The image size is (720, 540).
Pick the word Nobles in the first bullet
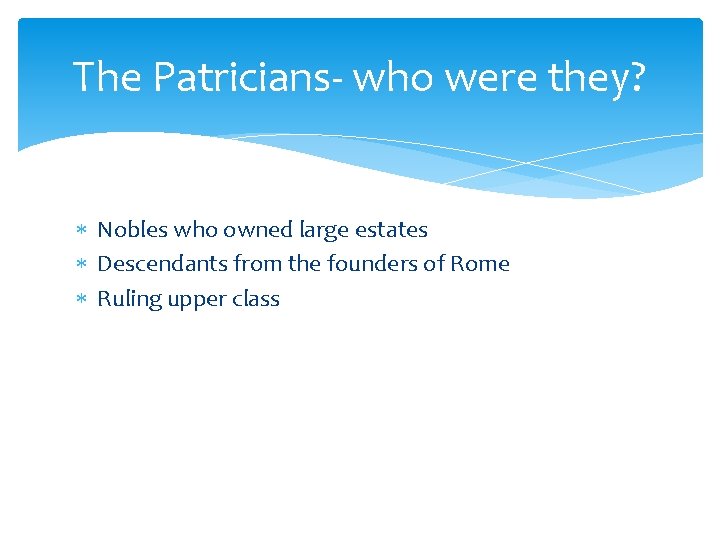coord(131,230)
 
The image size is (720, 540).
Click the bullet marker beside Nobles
coord(82,231)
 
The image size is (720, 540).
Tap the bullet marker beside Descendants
coord(82,265)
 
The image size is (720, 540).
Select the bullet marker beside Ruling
coord(82,299)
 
